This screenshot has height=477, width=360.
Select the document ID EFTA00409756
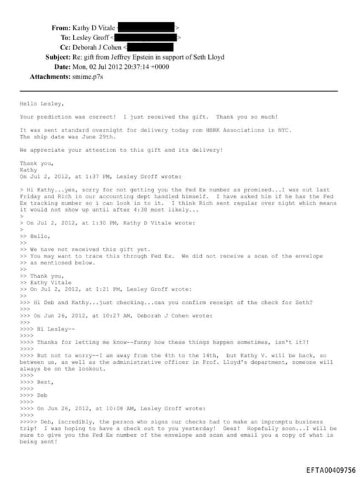click(331, 470)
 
